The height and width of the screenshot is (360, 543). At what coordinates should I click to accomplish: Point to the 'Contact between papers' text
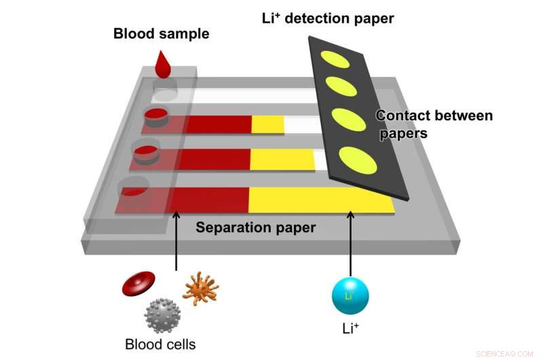(x=434, y=124)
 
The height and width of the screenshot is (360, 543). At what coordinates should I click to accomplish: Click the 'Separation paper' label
(x=256, y=228)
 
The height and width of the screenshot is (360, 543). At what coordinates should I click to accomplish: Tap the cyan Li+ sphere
(x=350, y=295)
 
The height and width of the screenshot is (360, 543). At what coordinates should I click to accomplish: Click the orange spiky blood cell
(x=200, y=288)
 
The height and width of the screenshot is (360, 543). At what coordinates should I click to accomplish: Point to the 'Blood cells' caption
(x=160, y=344)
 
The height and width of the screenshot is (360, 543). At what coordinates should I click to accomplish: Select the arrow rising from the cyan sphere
(x=350, y=241)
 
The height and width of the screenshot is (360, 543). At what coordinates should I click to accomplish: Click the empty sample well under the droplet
(x=164, y=88)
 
